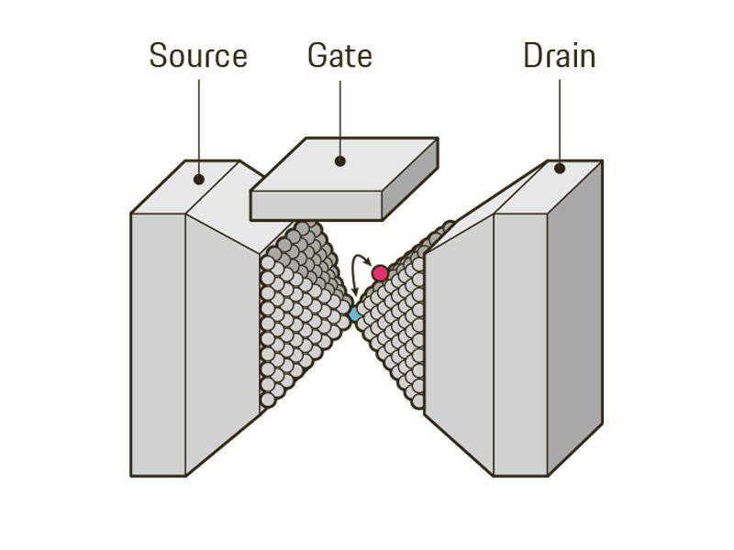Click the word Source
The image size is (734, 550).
(x=198, y=57)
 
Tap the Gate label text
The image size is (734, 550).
(x=339, y=56)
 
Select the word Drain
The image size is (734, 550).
(x=559, y=57)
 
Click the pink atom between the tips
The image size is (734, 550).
(x=380, y=273)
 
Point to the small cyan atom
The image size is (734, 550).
(x=355, y=313)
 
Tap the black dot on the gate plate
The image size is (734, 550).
(x=339, y=161)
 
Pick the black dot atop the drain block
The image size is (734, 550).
(x=559, y=169)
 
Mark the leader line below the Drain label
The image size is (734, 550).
(x=559, y=119)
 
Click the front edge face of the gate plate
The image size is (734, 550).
(x=316, y=206)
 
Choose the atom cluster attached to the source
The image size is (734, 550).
(x=298, y=312)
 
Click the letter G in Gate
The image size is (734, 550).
(x=317, y=57)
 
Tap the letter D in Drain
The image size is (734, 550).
(x=532, y=57)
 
